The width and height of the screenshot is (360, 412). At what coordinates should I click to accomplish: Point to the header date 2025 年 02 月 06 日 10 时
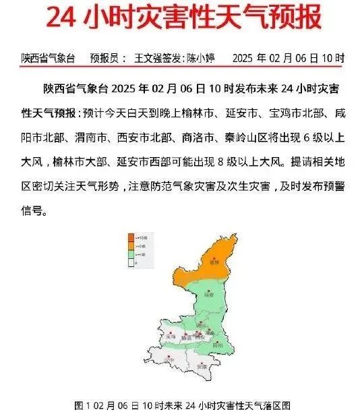(x=288, y=59)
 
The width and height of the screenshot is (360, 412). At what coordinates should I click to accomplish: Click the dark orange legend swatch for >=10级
(x=131, y=237)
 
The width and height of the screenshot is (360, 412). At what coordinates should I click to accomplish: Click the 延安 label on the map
(x=209, y=295)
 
